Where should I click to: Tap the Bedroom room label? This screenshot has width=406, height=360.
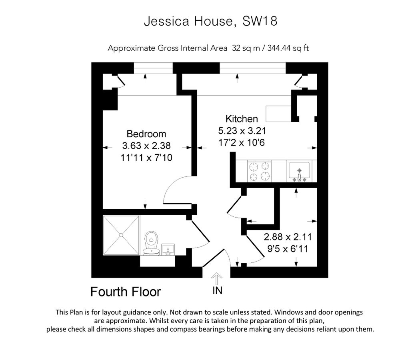pos(146,134)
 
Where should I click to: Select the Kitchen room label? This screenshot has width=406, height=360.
pos(242,119)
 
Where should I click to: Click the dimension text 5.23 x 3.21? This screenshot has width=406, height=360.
pos(242,130)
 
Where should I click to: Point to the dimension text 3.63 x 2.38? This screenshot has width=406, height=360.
pos(146,146)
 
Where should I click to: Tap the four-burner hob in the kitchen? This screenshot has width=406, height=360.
pos(258,171)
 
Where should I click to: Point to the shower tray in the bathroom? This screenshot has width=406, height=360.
pos(121,235)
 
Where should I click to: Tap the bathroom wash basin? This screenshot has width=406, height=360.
pos(168,248)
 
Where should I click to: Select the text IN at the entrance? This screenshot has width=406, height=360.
pos(217,291)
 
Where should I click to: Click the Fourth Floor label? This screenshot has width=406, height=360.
pos(126,292)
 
